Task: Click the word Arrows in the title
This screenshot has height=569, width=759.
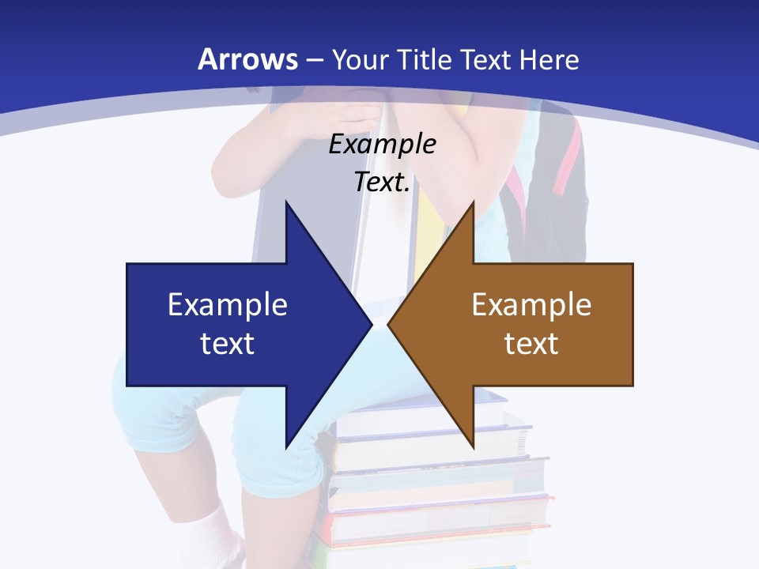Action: click(x=247, y=59)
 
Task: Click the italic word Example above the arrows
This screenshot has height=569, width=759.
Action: click(x=382, y=145)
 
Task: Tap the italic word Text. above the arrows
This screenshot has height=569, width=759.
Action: click(x=382, y=183)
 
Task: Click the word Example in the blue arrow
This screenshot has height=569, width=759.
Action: click(x=228, y=304)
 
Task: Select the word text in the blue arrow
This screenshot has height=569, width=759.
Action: click(x=228, y=343)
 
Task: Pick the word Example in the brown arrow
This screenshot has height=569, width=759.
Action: click(x=531, y=304)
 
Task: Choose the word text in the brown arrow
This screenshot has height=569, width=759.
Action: click(x=531, y=343)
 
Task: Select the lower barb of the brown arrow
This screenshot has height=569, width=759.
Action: click(x=472, y=439)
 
